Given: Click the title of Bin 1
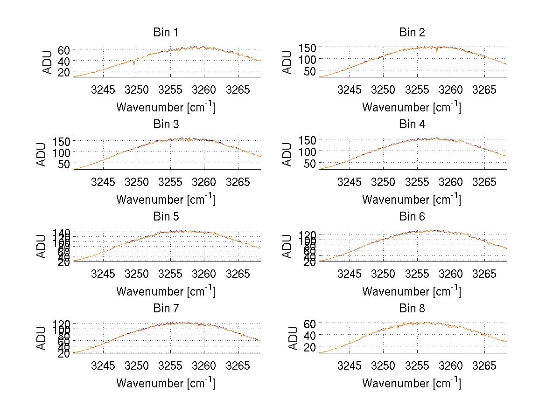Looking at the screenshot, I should coord(166,33).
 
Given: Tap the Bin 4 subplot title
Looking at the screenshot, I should coord(412,124).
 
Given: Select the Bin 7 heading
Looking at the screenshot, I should coord(166,309).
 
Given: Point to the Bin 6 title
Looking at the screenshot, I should coord(412,216).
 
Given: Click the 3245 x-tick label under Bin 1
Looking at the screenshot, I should coord(103,90).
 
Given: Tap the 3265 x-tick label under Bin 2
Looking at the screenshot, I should coord(484,90).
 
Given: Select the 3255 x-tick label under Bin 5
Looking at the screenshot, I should coord(170,274).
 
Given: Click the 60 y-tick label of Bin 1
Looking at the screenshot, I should coord(64,50).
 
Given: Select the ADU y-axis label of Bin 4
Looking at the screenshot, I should coord(288,154).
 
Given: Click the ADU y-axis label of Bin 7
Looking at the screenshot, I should coord(42,338).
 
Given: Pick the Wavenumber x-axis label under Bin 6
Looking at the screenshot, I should coord(411,291).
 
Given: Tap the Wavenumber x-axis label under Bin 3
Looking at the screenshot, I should coord(165,199).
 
